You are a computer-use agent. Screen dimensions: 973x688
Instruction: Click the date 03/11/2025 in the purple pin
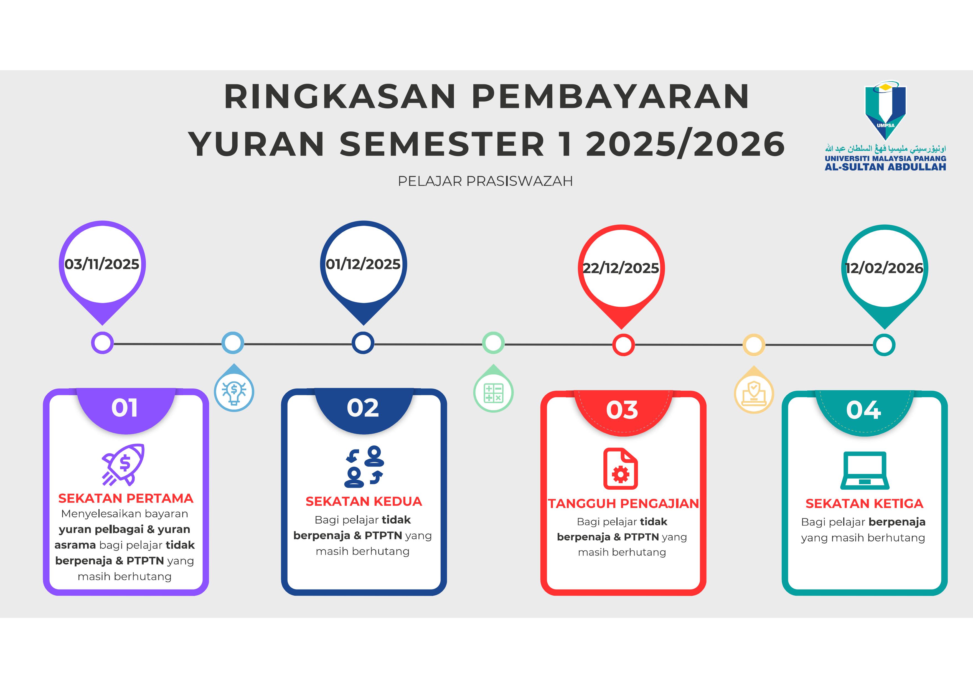(x=102, y=264)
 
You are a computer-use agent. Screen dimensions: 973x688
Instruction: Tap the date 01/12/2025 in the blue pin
(x=363, y=264)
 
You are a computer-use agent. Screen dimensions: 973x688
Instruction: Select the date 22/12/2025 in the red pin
(x=621, y=268)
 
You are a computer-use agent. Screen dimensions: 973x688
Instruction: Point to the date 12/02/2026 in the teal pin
(x=885, y=268)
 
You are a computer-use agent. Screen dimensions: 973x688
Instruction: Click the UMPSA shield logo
(x=885, y=111)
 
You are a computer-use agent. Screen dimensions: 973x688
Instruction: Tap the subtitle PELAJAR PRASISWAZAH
(x=485, y=181)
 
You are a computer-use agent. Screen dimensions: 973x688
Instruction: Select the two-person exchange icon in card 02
(x=364, y=466)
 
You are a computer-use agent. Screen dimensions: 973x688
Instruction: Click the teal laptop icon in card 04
(x=865, y=471)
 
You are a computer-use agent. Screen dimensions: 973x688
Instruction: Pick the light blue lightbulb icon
(x=234, y=391)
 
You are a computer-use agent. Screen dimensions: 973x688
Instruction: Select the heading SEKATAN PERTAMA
(x=126, y=498)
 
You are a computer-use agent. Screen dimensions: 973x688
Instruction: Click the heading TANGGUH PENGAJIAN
(x=623, y=504)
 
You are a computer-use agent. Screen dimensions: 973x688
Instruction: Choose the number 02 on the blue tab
(x=363, y=408)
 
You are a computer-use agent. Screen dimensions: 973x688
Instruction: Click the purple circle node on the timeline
(x=102, y=343)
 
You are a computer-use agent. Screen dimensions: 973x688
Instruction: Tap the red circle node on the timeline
(x=623, y=345)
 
